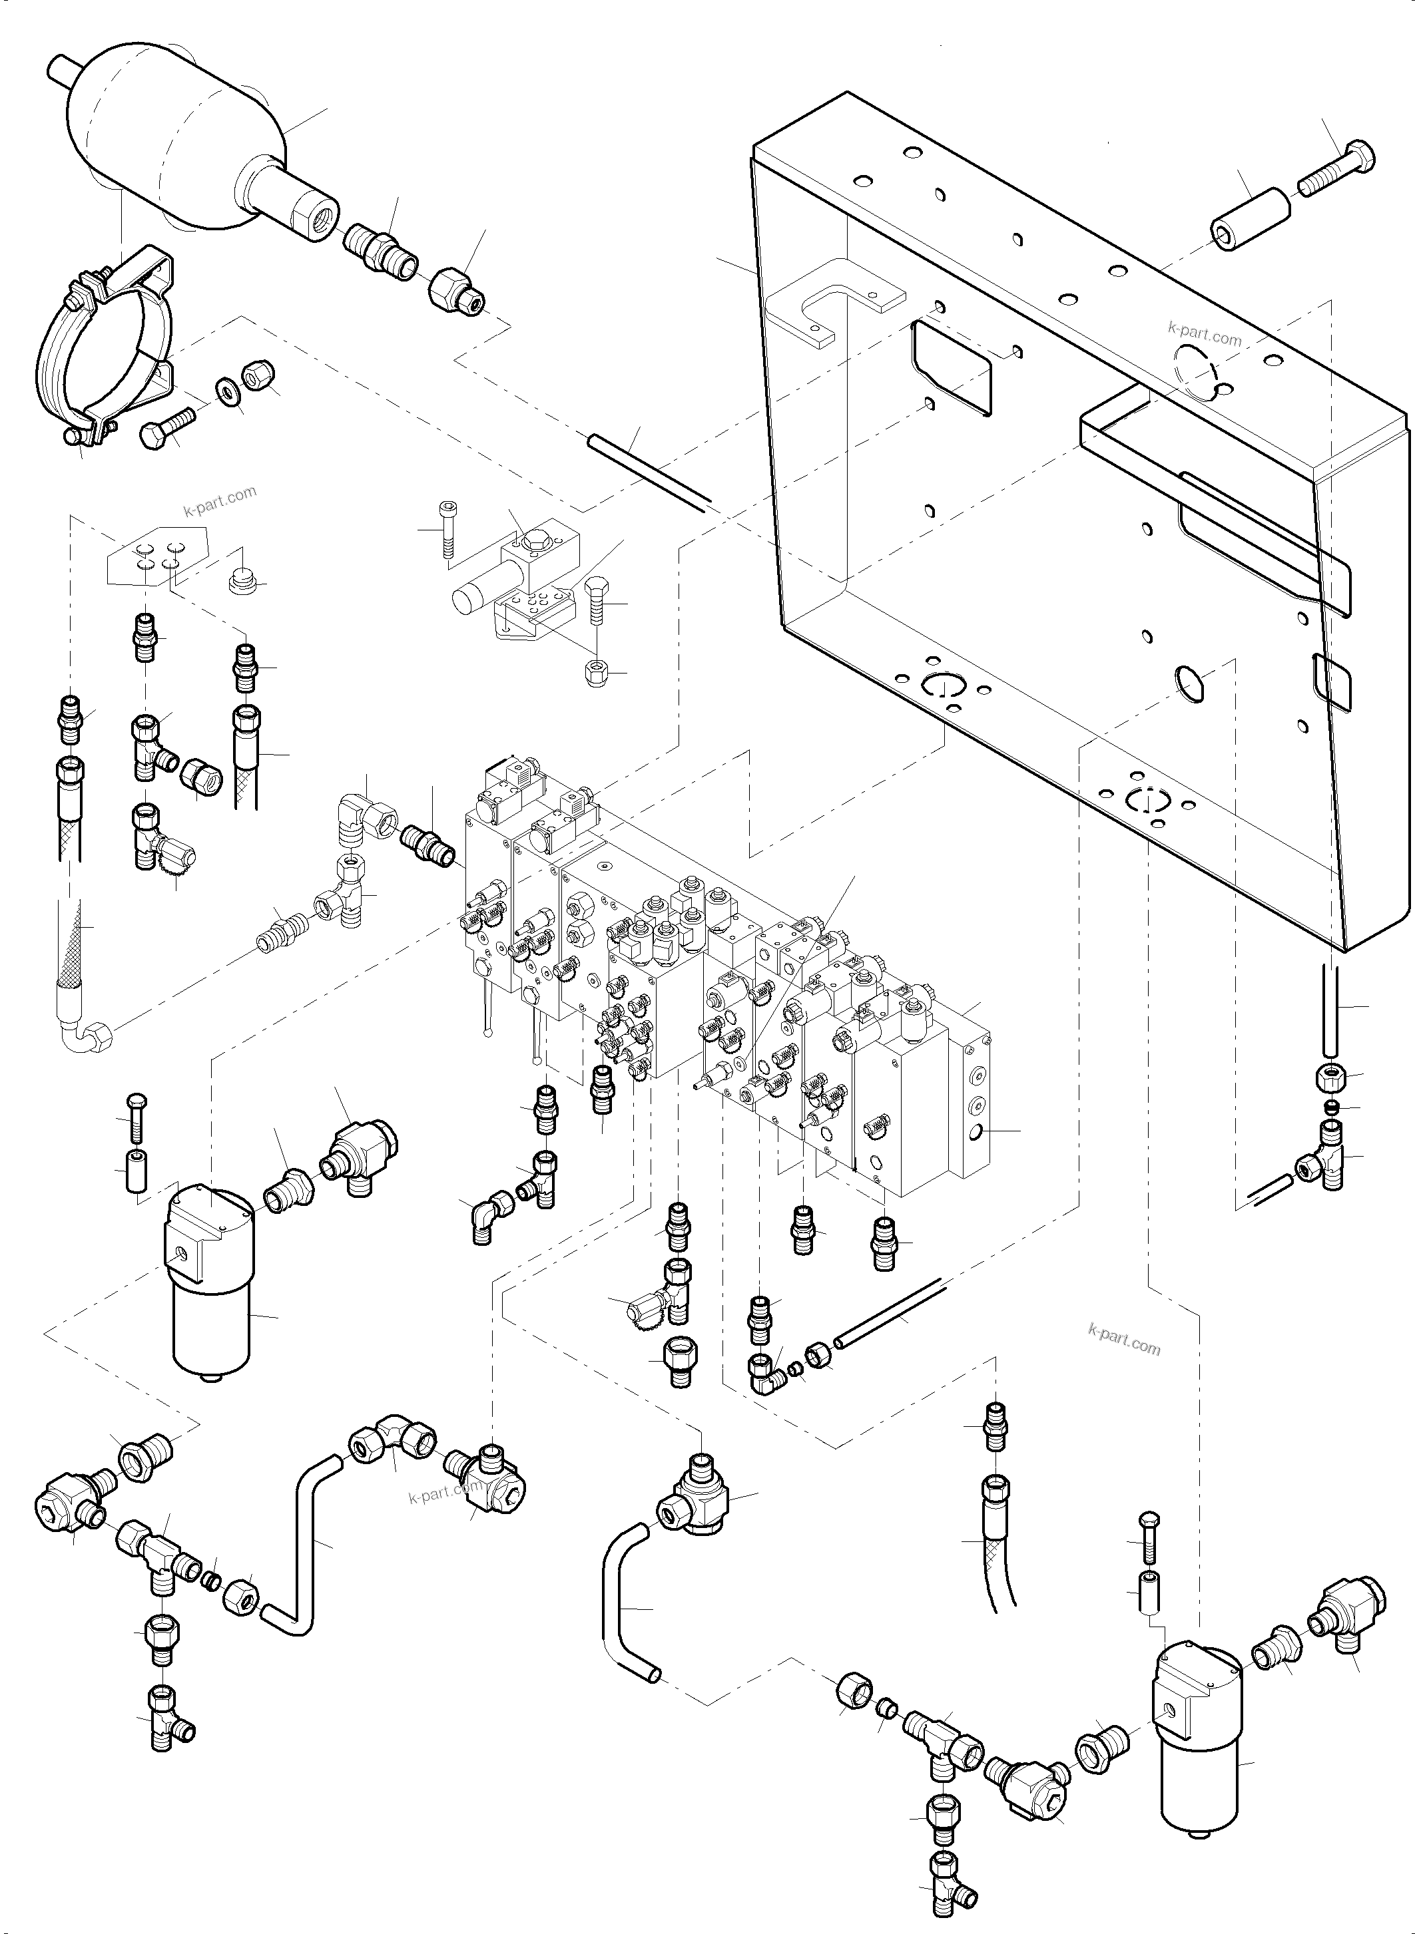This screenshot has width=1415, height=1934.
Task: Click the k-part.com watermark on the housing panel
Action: pos(1205,333)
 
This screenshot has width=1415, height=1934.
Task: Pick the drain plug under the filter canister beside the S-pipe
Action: pos(209,1378)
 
